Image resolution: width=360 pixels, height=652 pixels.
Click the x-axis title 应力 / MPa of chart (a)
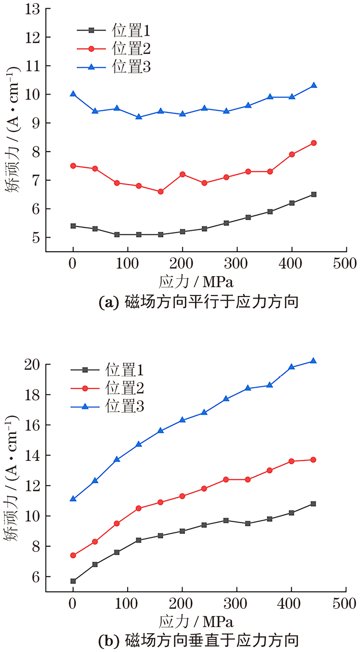coord(196,281)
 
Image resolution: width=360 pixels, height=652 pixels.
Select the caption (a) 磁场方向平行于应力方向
coord(196,303)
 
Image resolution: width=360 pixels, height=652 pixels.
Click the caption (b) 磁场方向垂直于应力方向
coord(196,639)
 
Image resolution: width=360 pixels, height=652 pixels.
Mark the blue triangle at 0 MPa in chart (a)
coord(73,94)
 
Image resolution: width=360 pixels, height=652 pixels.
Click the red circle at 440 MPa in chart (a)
coord(314,143)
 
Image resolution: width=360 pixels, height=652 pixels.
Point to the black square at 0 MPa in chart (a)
coord(73,226)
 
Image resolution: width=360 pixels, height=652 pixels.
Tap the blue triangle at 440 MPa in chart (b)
coord(313,361)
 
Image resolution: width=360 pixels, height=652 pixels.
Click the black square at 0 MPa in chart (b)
coord(73,581)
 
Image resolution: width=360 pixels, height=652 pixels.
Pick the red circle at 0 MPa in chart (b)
coord(73,555)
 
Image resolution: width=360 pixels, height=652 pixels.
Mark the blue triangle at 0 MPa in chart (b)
coord(73,499)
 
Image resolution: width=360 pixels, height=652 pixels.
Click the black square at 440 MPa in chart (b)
coord(313,503)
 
